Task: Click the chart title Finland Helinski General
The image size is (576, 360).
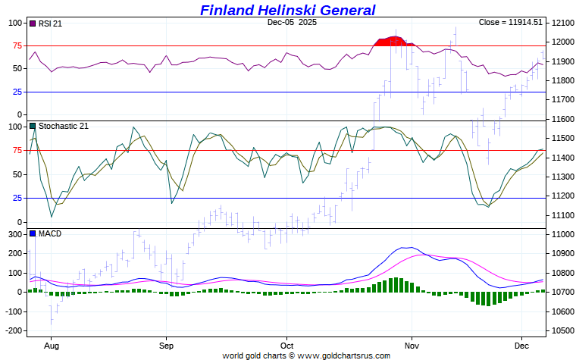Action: pyautogui.click(x=287, y=10)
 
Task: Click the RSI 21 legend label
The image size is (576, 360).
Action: pyautogui.click(x=50, y=23)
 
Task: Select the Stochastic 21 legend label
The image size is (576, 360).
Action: pyautogui.click(x=63, y=126)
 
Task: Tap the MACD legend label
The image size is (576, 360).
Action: pyautogui.click(x=50, y=233)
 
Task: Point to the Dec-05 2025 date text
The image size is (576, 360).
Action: pyautogui.click(x=292, y=23)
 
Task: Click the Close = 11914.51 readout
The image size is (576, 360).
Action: pyautogui.click(x=510, y=23)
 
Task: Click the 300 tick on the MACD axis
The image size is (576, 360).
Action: pyautogui.click(x=15, y=234)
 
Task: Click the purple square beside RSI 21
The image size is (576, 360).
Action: pyautogui.click(x=33, y=23)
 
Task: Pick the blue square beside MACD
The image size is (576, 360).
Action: pyautogui.click(x=33, y=233)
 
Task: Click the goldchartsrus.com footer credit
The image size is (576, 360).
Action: pyautogui.click(x=306, y=355)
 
